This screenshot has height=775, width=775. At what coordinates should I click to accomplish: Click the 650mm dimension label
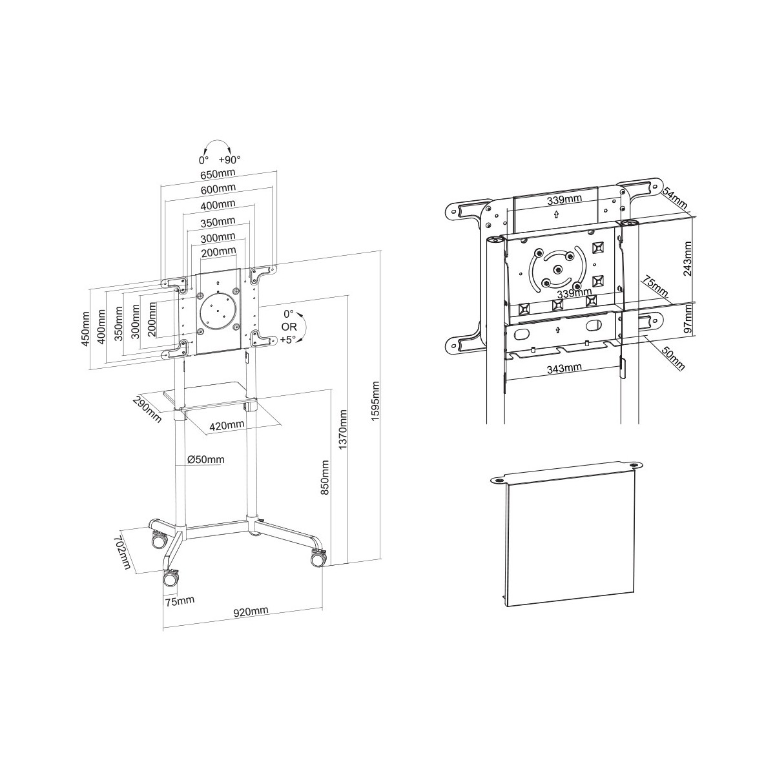coord(218,174)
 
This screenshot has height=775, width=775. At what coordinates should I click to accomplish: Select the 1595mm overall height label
coord(375,401)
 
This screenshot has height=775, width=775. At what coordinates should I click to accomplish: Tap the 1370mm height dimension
coord(343,429)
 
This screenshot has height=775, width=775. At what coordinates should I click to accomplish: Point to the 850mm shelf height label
coord(325,478)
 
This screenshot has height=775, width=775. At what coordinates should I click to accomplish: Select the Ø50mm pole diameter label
coord(206,459)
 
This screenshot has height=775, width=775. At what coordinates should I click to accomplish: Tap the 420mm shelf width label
coord(227,425)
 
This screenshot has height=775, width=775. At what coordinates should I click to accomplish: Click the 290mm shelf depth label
coord(147,409)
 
